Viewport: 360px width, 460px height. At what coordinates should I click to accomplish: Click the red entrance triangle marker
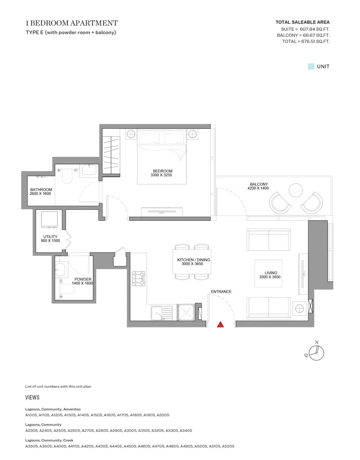[220, 324]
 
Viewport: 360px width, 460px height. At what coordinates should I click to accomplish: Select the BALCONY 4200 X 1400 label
[258, 186]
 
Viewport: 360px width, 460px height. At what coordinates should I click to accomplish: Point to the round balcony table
[296, 190]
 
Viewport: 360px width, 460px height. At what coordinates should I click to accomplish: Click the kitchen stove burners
[139, 278]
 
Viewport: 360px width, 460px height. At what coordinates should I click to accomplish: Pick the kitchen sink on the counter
[162, 313]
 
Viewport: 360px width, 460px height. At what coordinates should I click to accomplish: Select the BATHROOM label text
[41, 190]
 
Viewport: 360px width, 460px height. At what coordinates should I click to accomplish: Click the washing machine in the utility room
[49, 219]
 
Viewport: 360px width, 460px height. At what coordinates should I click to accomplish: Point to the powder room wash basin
[60, 270]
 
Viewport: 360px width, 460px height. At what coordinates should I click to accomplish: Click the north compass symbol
[315, 352]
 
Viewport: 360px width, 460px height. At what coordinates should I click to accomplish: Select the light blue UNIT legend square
[311, 66]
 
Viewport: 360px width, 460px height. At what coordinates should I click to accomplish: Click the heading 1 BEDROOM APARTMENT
[72, 23]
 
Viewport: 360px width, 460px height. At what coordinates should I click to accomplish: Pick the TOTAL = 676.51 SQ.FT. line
[306, 41]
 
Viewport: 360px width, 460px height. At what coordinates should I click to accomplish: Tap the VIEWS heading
[32, 397]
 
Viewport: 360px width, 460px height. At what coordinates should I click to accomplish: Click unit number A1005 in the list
[31, 415]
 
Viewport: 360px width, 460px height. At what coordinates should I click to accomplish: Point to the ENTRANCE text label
[221, 292]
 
